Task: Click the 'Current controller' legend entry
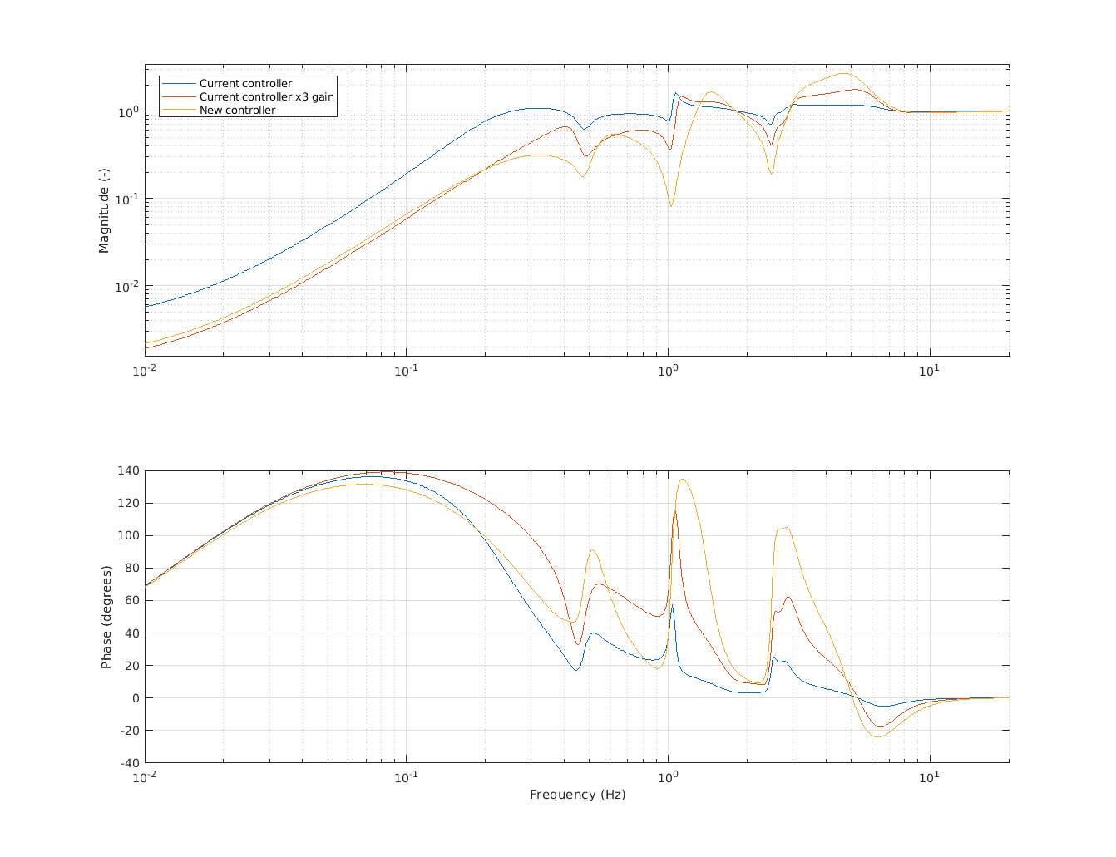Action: [x=245, y=84]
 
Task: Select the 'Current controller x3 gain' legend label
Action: [x=266, y=97]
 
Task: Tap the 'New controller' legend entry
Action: [x=237, y=111]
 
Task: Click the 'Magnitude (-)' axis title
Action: [x=104, y=210]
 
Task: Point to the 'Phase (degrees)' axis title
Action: [x=106, y=617]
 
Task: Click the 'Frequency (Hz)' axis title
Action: [x=577, y=795]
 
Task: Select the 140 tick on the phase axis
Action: [x=129, y=470]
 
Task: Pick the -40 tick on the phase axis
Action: [x=129, y=763]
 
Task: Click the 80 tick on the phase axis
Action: [x=131, y=568]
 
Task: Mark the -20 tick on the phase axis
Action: [x=129, y=731]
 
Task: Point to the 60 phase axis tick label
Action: [x=131, y=600]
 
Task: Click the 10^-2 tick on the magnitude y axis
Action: [x=126, y=287]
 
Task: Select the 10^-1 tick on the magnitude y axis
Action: [x=126, y=199]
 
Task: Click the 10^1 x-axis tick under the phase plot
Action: [x=929, y=776]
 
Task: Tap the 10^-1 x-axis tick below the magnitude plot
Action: [x=406, y=369]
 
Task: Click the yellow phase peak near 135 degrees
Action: [x=683, y=479]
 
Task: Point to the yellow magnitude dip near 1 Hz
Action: [x=671, y=205]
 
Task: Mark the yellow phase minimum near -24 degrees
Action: [x=877, y=737]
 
